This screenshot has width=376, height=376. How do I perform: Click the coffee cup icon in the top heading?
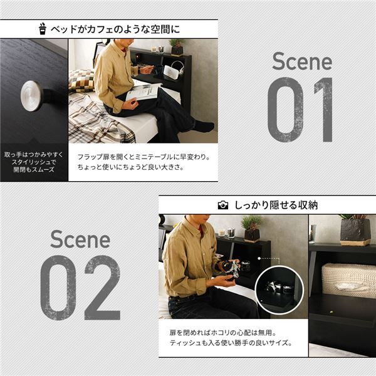click(43, 28)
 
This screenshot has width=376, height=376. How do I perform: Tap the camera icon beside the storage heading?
click(222, 205)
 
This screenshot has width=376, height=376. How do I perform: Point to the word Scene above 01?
click(302, 61)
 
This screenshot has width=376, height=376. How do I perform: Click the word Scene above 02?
click(80, 239)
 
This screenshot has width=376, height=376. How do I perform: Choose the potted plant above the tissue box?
click(355, 229)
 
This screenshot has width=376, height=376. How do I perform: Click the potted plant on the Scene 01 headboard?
click(177, 46)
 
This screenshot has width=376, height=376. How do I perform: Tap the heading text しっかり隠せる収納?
click(276, 205)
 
